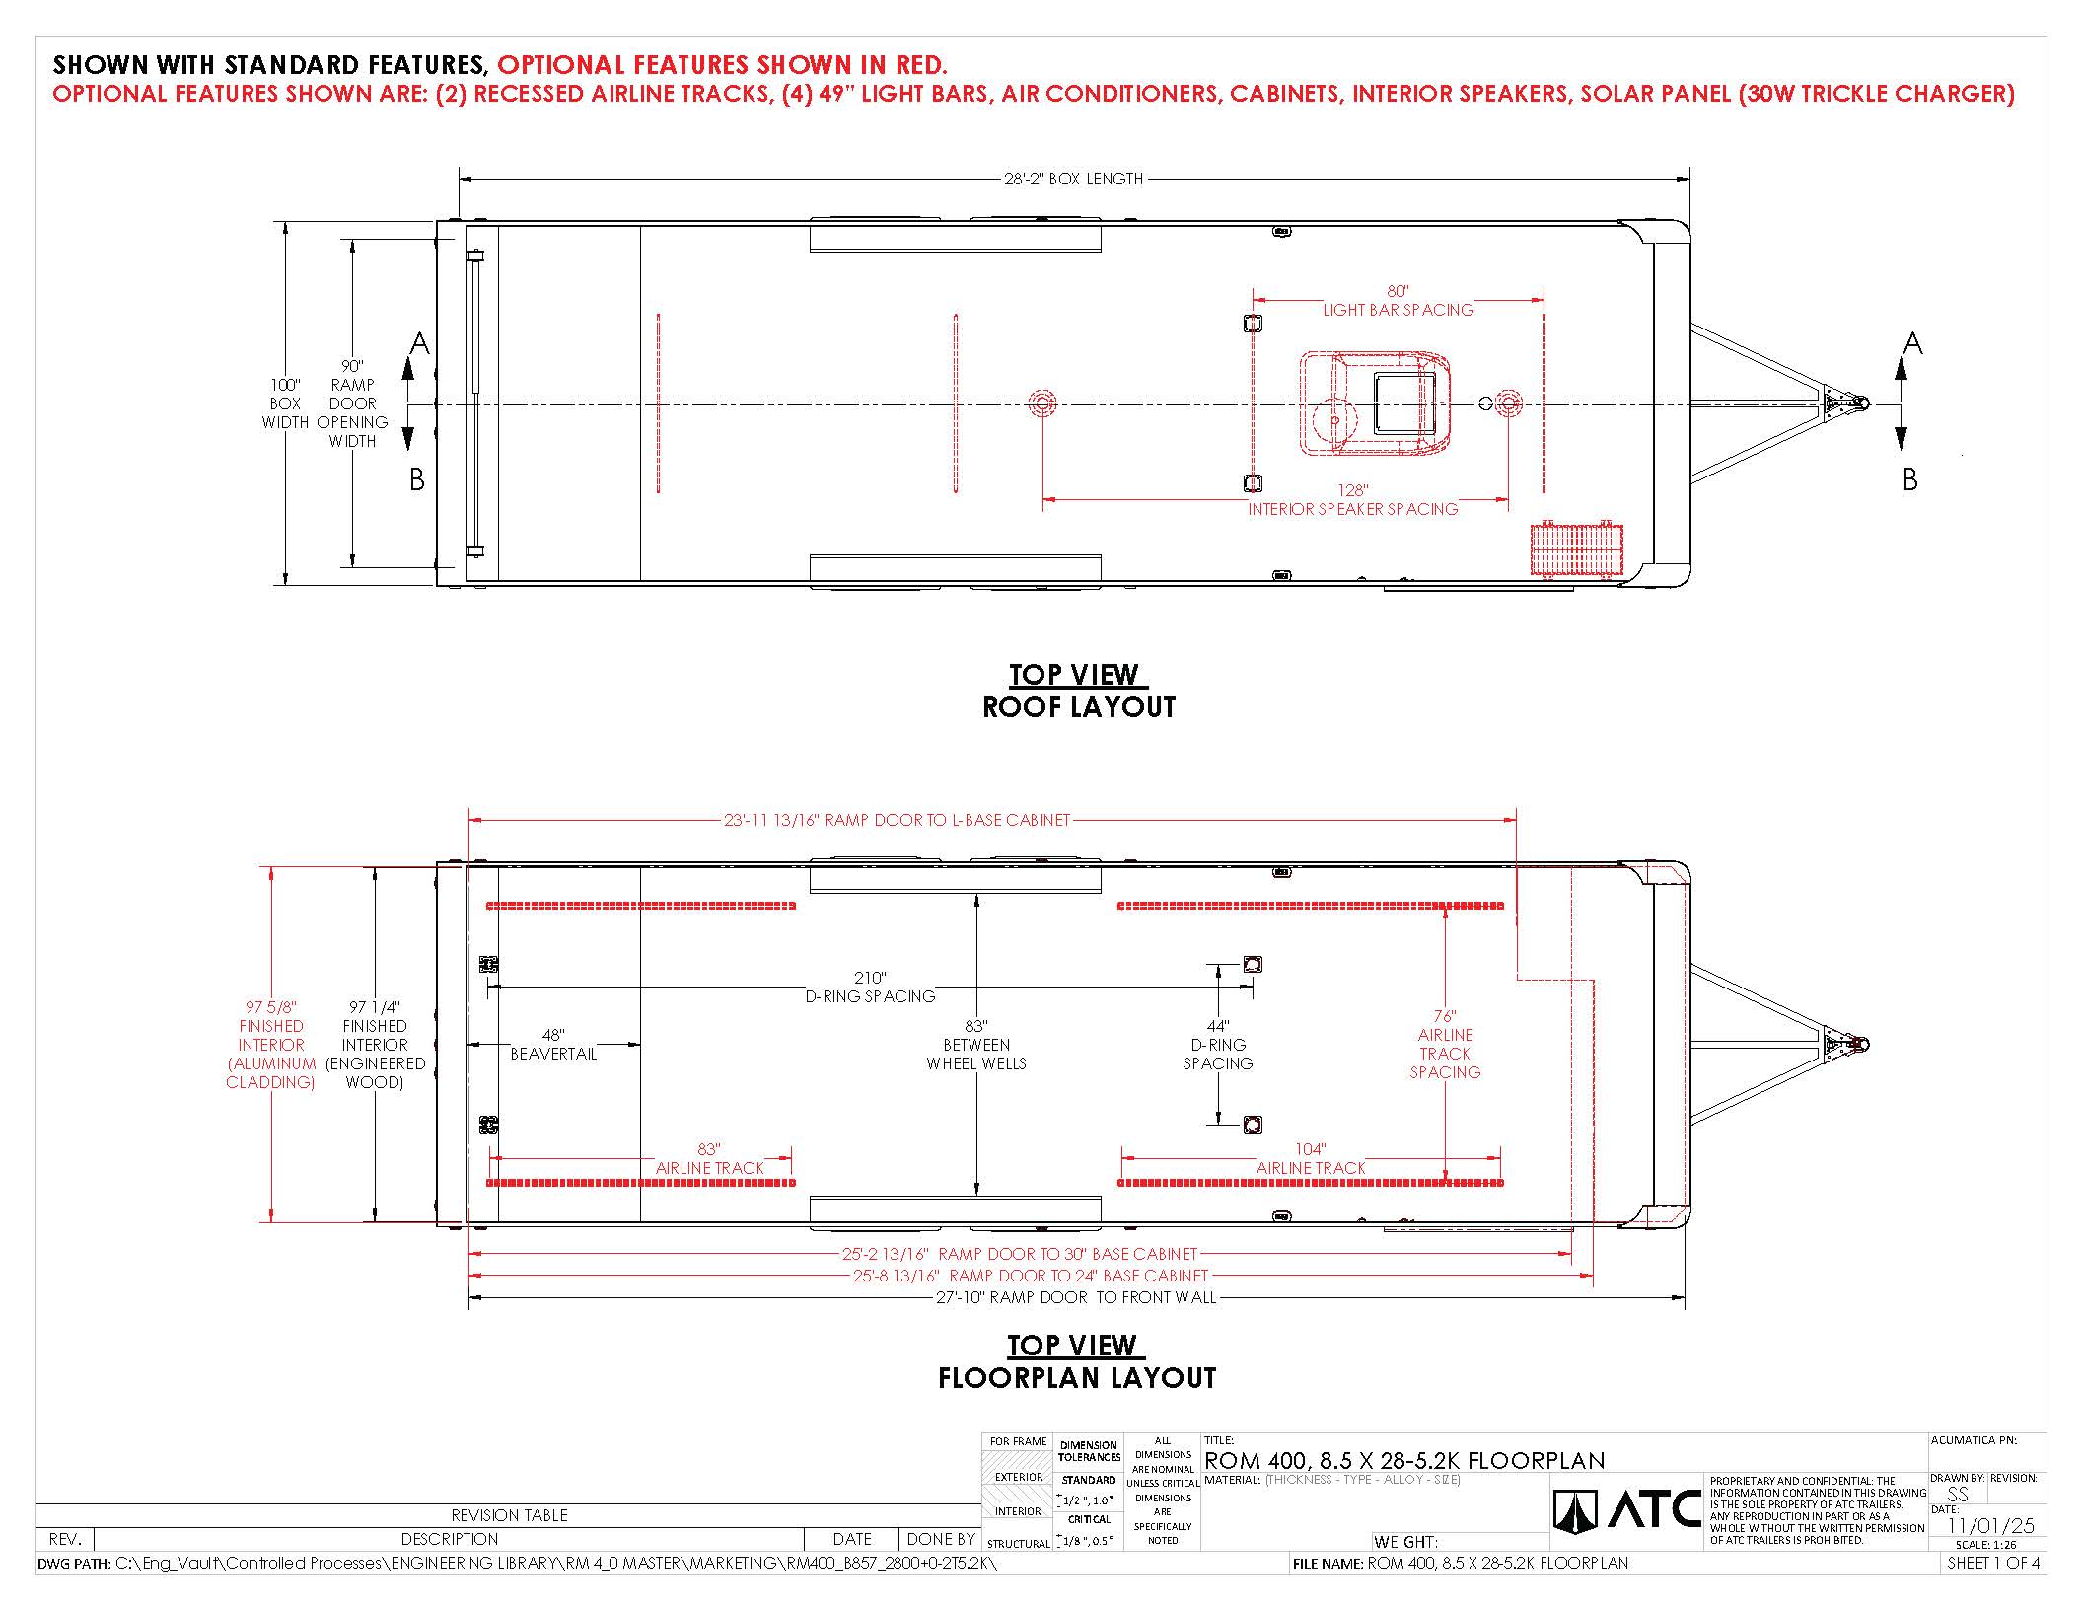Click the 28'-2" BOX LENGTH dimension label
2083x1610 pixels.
(x=1073, y=179)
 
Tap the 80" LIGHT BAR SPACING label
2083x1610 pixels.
(x=1398, y=301)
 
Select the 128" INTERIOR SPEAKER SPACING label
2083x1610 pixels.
(x=1352, y=500)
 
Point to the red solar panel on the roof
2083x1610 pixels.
(x=1576, y=549)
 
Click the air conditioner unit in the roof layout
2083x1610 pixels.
(x=1375, y=403)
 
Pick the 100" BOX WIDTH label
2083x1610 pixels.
(x=285, y=403)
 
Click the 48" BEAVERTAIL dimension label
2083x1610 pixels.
(x=553, y=1044)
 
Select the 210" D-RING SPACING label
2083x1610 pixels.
(x=870, y=987)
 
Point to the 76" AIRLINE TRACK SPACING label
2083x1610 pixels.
(x=1445, y=1044)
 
